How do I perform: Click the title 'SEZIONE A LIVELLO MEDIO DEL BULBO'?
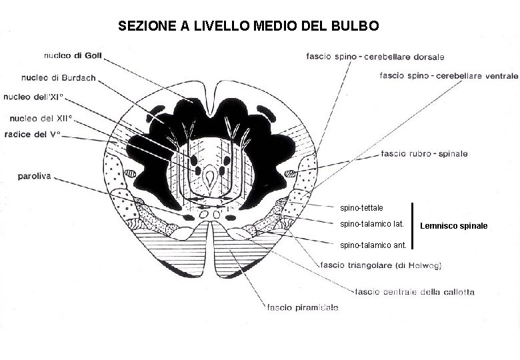[249, 26]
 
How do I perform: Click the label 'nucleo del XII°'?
[41, 118]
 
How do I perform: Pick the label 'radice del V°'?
[32, 134]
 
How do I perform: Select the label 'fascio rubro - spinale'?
[424, 154]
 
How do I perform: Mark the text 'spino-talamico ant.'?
[373, 245]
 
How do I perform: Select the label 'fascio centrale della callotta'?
[415, 291]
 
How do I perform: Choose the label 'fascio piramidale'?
[303, 307]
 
